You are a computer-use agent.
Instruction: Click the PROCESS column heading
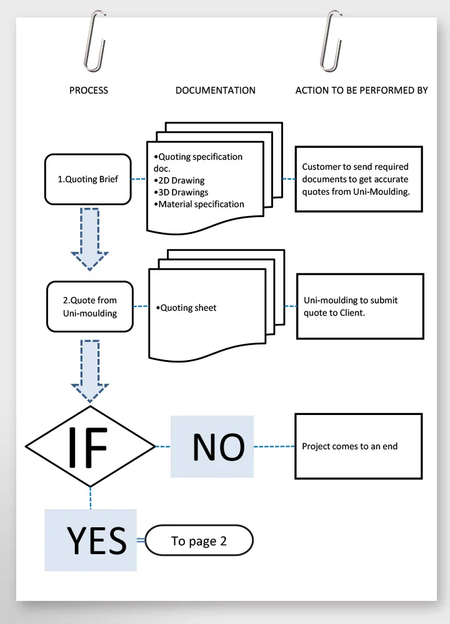pyautogui.click(x=89, y=90)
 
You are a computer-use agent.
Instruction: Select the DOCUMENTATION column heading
pyautogui.click(x=215, y=90)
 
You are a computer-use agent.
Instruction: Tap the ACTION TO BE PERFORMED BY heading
pyautogui.click(x=361, y=90)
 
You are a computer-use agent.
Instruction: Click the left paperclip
pyautogui.click(x=94, y=41)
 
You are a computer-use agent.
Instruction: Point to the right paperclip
pyautogui.click(x=331, y=41)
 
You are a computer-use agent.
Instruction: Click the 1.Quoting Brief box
pyautogui.click(x=88, y=180)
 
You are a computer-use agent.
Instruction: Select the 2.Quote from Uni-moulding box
pyautogui.click(x=90, y=307)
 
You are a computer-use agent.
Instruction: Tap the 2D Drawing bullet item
pyautogui.click(x=179, y=180)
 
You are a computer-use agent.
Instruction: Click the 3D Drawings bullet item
pyautogui.click(x=181, y=192)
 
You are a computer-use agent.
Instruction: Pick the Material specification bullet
pyautogui.click(x=199, y=204)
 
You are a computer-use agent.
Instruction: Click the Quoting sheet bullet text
pyautogui.click(x=186, y=308)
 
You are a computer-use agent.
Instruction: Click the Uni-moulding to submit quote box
pyautogui.click(x=361, y=306)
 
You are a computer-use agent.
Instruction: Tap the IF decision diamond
pyautogui.click(x=90, y=447)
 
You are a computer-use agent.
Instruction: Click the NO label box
pyautogui.click(x=212, y=447)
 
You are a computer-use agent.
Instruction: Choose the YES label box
pyautogui.click(x=91, y=540)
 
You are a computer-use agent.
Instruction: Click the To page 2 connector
pyautogui.click(x=199, y=540)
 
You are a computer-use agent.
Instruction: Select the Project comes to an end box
pyautogui.click(x=359, y=446)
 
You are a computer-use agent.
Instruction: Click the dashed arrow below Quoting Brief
pyautogui.click(x=89, y=239)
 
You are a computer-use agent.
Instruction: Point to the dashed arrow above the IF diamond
pyautogui.click(x=89, y=371)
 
